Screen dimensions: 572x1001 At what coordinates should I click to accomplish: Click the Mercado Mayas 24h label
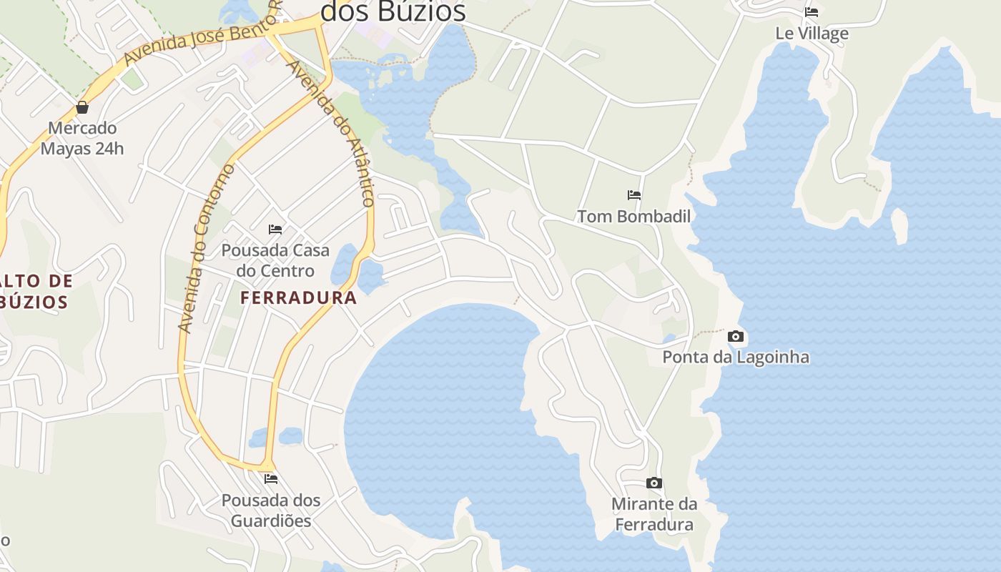point(82,139)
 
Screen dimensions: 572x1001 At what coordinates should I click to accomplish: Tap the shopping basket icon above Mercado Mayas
point(82,108)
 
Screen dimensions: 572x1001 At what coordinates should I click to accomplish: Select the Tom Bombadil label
point(633,216)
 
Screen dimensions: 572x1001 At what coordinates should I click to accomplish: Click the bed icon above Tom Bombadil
point(633,194)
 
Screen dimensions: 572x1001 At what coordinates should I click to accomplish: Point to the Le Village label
point(812,34)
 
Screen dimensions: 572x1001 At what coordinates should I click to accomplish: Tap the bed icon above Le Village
point(811,12)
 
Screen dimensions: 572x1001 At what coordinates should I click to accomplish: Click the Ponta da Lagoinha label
point(736,357)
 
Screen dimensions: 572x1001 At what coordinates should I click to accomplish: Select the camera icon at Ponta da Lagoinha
point(735,336)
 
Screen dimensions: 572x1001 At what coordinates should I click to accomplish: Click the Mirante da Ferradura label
point(654,514)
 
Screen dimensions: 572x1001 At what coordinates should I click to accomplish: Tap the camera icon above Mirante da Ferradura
point(654,483)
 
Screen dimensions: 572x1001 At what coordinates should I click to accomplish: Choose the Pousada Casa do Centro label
point(275,260)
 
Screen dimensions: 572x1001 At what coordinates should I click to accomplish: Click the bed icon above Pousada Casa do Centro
point(275,230)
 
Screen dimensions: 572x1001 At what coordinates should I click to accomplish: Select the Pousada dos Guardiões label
point(271,510)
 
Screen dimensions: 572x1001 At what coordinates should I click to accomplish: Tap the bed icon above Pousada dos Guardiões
point(271,479)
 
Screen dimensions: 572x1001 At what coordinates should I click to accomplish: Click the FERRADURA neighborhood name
point(298,297)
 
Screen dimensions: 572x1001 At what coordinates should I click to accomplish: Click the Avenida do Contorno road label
point(206,249)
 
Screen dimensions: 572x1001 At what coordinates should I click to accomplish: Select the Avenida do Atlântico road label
point(330,133)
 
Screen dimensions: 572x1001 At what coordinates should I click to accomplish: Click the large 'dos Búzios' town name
point(393,11)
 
